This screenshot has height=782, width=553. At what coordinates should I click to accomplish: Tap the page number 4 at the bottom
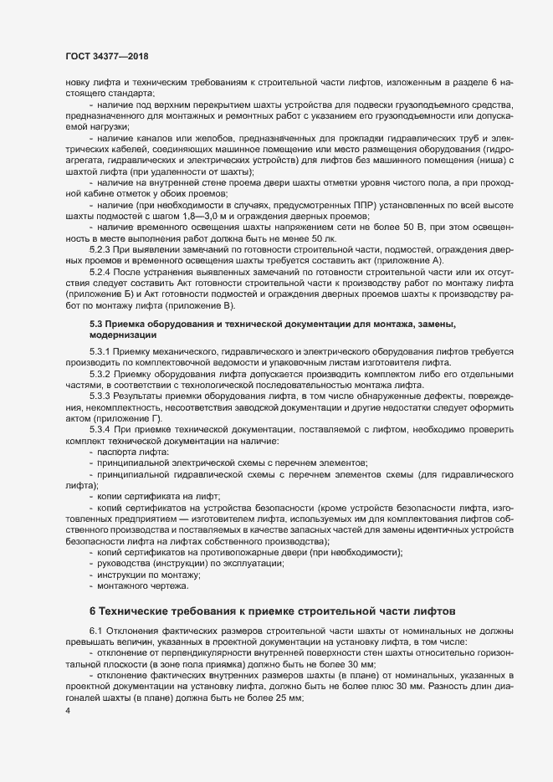click(x=67, y=712)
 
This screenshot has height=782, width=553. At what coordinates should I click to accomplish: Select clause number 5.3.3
click(x=100, y=393)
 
